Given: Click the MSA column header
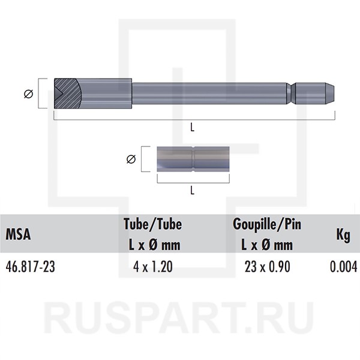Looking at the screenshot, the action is click(x=18, y=234).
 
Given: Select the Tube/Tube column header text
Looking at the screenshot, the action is click(x=152, y=224).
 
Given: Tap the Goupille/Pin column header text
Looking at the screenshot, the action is click(x=267, y=224).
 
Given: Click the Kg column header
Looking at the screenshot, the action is click(x=343, y=235).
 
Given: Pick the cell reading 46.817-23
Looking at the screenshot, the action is click(x=31, y=267).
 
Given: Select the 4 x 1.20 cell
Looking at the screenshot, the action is click(x=152, y=267).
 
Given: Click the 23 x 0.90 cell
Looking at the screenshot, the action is click(x=267, y=267).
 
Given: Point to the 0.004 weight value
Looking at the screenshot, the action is click(x=343, y=267).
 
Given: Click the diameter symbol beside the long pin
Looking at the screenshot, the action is click(x=29, y=94).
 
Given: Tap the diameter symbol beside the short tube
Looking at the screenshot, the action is click(x=131, y=159).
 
